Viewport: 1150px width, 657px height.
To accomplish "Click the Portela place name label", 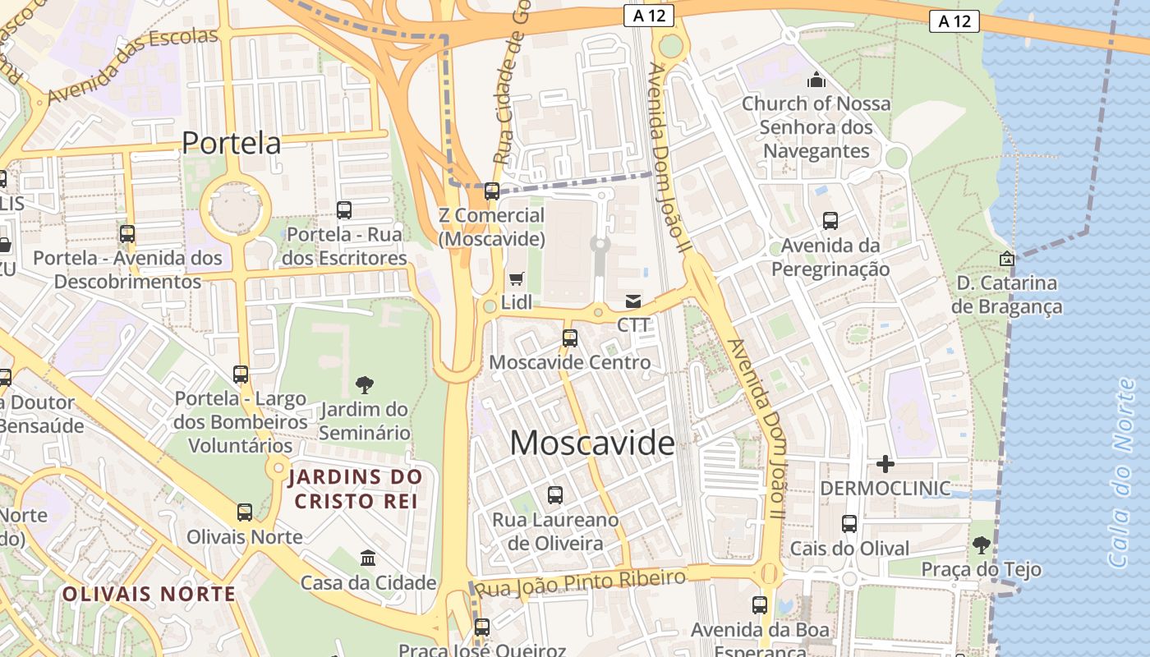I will tap(231, 143).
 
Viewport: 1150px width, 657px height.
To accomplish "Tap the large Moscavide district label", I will tap(592, 443).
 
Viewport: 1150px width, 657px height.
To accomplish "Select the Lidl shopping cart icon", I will tap(517, 279).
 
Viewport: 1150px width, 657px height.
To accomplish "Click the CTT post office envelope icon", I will tap(633, 301).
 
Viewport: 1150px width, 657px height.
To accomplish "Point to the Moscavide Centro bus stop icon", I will tap(569, 338).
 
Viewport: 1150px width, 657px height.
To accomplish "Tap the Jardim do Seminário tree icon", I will tap(365, 384).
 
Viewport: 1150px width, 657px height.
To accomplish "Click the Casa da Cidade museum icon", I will tap(368, 558).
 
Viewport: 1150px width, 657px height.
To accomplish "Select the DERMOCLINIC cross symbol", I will tap(885, 464).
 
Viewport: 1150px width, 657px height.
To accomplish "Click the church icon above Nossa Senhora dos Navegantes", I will tap(816, 80).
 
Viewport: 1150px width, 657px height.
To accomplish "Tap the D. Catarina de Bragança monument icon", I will tap(1006, 259).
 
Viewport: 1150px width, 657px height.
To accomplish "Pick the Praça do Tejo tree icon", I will tap(981, 544).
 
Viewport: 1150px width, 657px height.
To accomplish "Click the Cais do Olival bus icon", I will tap(849, 524).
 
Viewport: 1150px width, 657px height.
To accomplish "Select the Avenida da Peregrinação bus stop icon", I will tap(830, 221).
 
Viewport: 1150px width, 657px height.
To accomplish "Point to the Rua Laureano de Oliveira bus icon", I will tap(555, 495).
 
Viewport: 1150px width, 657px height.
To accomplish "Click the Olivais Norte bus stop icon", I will tap(245, 512).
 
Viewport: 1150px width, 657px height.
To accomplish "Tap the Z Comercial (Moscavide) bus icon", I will tap(491, 191).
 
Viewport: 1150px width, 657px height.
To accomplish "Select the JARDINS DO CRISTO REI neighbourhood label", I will tap(355, 489).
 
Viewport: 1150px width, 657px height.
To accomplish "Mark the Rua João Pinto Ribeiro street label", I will tap(581, 583).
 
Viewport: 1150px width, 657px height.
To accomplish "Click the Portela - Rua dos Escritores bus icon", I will tap(344, 210).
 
